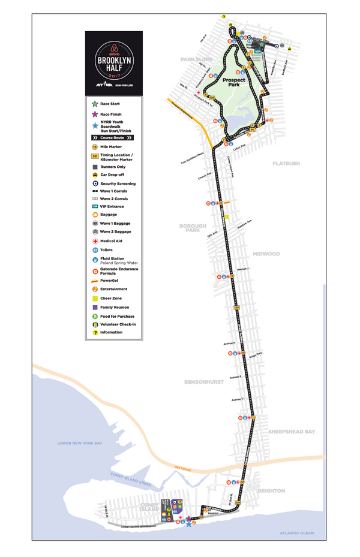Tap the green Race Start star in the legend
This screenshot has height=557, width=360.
(x=95, y=104)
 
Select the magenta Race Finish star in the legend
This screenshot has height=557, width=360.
(x=95, y=114)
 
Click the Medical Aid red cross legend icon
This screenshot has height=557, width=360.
(x=95, y=242)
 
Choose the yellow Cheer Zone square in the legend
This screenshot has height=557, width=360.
(x=95, y=298)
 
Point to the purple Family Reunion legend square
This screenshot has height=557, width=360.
(x=95, y=307)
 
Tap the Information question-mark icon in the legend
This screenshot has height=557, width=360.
(x=95, y=332)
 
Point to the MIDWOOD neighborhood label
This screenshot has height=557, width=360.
(x=266, y=254)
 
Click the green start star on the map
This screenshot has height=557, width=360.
(x=262, y=44)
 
